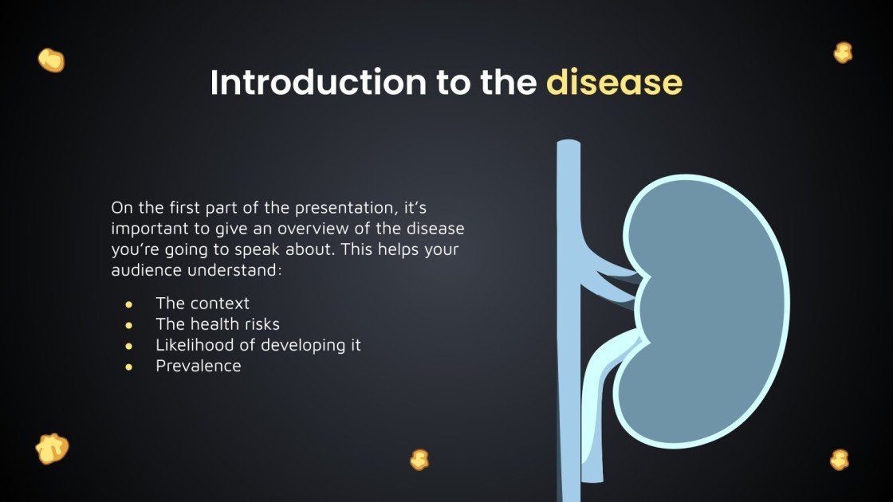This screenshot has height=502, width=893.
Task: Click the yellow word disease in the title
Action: [614, 83]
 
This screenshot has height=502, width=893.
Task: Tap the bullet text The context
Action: [203, 304]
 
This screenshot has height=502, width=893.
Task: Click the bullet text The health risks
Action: [218, 324]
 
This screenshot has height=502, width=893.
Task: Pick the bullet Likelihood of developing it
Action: [258, 345]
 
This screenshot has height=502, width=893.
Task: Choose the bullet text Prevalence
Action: [198, 366]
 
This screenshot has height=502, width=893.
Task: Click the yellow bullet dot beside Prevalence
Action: [128, 367]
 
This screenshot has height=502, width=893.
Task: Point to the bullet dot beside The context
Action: [128, 304]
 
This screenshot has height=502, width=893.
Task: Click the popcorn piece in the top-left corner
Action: [51, 60]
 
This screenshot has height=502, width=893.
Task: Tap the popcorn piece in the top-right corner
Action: [842, 53]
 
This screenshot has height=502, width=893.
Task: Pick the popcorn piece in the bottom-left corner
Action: [52, 449]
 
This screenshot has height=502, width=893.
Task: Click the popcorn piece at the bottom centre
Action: [419, 459]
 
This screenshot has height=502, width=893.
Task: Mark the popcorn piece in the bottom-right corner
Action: [840, 460]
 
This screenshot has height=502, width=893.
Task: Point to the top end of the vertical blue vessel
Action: [568, 146]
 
